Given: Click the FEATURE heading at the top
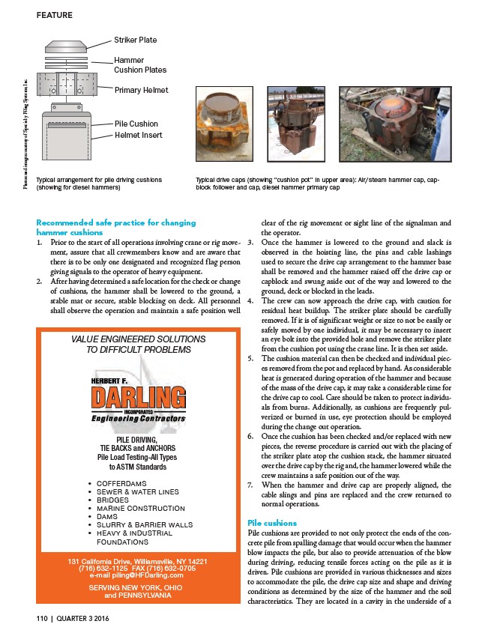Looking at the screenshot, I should coord(55,15).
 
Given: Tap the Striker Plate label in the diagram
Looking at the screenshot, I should coord(135,40).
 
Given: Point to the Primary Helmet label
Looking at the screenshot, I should coord(141,90).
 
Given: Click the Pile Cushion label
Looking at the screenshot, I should coord(136,124).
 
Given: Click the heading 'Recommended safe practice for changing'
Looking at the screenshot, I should coord(115,222).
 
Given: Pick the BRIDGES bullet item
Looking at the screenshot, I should coord(113,500).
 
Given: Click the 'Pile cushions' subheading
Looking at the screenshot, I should coord(271,522).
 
